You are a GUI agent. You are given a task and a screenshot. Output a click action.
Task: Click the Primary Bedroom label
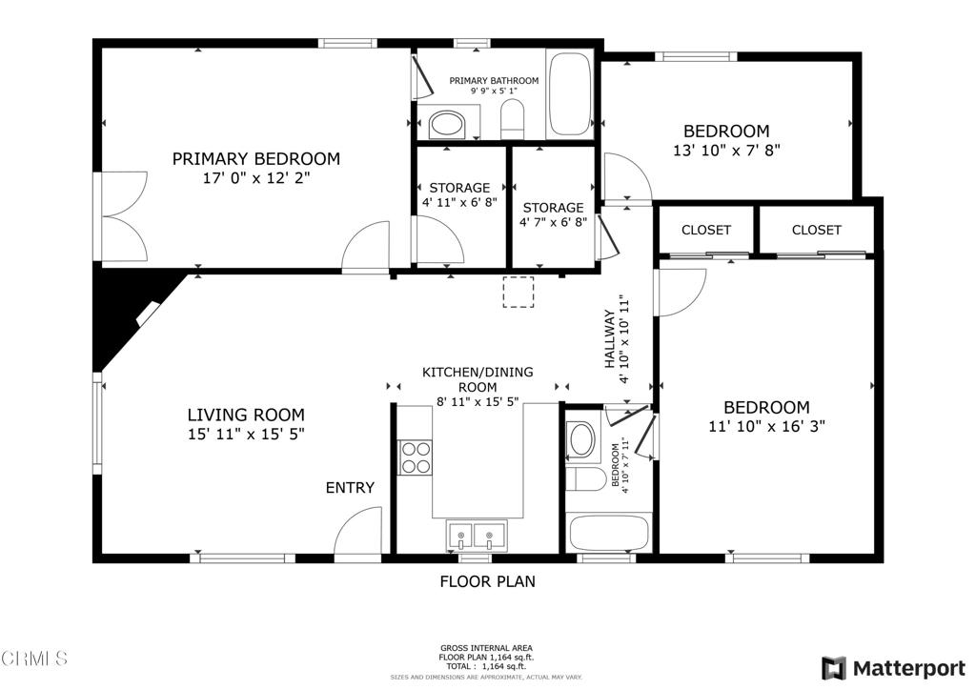[255, 159]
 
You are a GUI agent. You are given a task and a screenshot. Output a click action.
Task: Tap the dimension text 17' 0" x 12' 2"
[255, 177]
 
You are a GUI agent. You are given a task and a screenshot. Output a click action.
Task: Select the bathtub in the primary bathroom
[569, 95]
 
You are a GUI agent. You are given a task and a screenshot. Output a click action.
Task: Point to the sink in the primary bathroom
[446, 123]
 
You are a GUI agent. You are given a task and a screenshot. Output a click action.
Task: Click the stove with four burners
[415, 457]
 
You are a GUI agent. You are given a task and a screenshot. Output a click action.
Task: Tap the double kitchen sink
[475, 538]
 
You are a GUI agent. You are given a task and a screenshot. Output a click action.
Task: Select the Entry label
[350, 488]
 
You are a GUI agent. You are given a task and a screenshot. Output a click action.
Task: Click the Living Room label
[246, 415]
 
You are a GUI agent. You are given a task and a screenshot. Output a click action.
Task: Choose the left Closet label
[706, 230]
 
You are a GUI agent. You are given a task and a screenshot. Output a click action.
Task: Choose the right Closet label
[816, 230]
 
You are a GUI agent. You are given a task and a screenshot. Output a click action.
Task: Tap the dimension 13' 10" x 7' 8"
[726, 150]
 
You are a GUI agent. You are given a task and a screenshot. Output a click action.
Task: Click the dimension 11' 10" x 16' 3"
[766, 426]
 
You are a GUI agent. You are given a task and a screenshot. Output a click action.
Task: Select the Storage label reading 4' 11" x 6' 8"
[459, 194]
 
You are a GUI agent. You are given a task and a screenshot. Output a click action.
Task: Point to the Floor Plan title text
[487, 580]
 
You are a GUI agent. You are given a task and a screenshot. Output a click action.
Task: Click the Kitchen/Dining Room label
[478, 379]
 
